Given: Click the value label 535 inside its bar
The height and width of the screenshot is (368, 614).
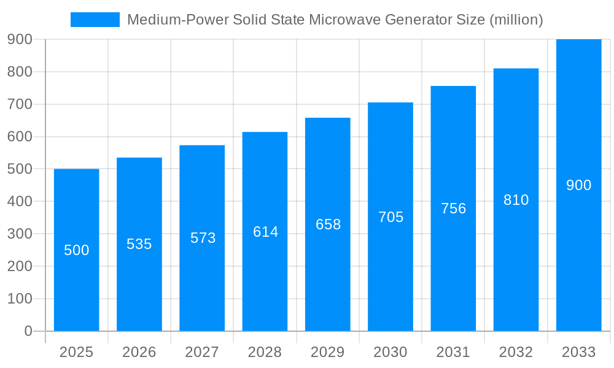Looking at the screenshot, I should [139, 244].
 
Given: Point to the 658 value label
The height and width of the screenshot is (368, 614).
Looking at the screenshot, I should [328, 224].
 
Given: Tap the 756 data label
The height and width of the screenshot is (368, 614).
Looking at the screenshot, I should [454, 209].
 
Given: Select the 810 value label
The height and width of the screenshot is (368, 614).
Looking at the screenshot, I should [516, 200].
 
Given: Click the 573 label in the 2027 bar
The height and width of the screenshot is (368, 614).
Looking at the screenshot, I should [203, 238].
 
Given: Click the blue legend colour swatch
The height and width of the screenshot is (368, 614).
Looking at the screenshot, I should [95, 20].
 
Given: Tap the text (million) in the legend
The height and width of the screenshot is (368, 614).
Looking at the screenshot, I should [516, 20].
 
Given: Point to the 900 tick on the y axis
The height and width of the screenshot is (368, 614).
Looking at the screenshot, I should [20, 39].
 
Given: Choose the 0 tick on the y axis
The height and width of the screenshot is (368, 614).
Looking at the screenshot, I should [28, 331].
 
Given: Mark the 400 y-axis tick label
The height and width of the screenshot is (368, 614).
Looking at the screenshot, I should [20, 201].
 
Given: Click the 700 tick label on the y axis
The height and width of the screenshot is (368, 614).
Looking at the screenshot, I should [20, 104].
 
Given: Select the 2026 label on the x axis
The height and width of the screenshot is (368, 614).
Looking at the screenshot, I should [139, 352].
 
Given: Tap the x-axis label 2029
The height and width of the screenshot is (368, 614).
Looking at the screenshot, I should [328, 352].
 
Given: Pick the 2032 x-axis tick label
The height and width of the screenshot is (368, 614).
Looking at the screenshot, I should [516, 352].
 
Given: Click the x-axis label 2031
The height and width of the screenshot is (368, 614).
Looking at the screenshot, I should [453, 352].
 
